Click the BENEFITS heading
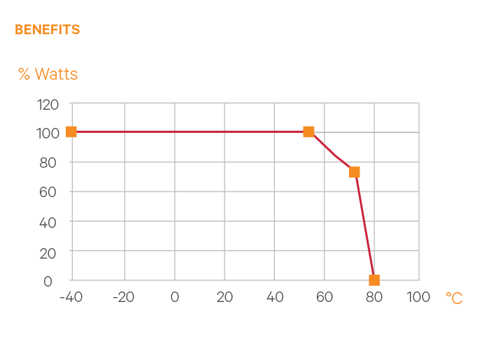[47, 30]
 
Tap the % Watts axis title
[48, 73]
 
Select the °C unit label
[454, 298]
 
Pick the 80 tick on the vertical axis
[50, 163]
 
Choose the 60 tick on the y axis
[50, 192]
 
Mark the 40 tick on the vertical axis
[50, 222]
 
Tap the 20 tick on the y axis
[50, 252]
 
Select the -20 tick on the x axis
[124, 297]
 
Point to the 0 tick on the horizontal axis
[174, 297]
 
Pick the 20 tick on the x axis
[225, 297]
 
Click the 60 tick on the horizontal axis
[324, 297]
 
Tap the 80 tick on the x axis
[374, 297]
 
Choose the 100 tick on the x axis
[418, 297]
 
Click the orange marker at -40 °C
[71, 131]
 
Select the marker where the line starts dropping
[308, 131]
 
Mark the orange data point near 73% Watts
[355, 172]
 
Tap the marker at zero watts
[374, 280]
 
